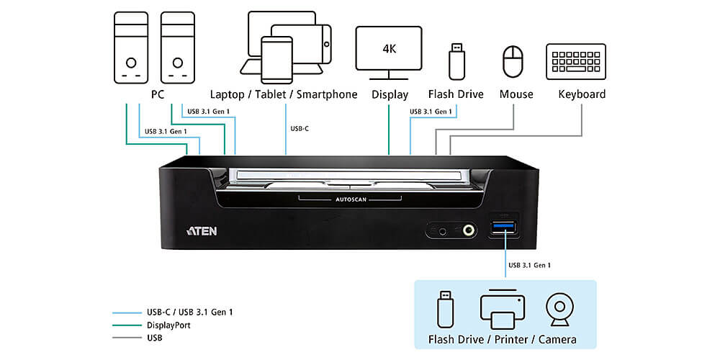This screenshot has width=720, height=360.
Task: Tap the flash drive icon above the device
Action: pyautogui.click(x=456, y=61)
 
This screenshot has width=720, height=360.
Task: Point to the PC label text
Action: pyautogui.click(x=158, y=94)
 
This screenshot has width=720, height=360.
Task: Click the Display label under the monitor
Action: pyautogui.click(x=390, y=94)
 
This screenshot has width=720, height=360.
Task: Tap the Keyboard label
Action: pyautogui.click(x=582, y=94)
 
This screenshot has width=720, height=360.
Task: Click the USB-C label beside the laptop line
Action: pyautogui.click(x=301, y=129)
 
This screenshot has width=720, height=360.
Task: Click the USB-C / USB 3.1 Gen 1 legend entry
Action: pyautogui.click(x=189, y=312)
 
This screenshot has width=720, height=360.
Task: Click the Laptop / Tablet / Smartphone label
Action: pyautogui.click(x=284, y=94)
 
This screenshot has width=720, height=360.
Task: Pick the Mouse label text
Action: pyautogui.click(x=516, y=94)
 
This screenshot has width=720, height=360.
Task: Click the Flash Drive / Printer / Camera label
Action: pyautogui.click(x=502, y=339)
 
